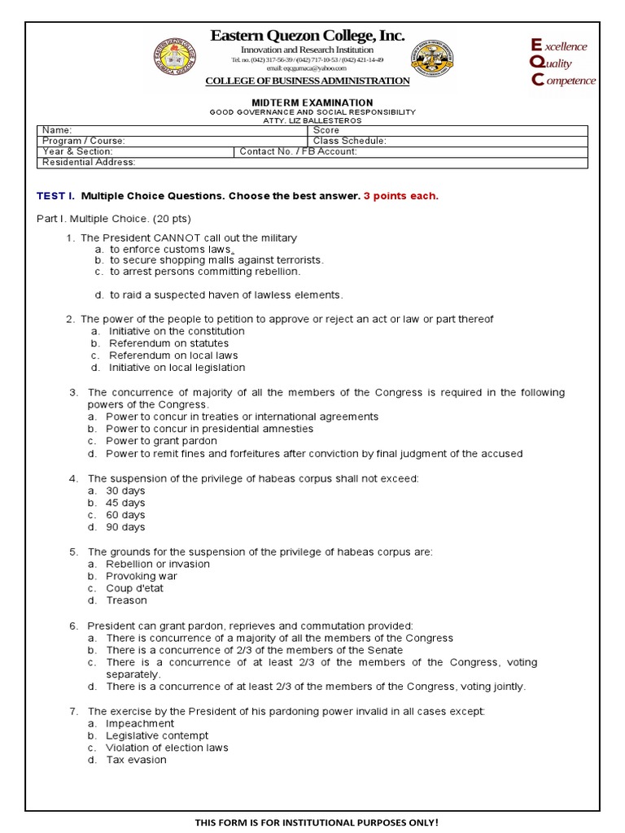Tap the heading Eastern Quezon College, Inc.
307,36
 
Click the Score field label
326,130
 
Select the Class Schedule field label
349,141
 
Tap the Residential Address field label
89,162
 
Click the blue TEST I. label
55,196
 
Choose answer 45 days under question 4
125,503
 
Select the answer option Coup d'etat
136,588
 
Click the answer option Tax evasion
136,760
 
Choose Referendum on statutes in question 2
168,343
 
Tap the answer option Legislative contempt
157,735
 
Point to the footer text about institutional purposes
317,822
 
